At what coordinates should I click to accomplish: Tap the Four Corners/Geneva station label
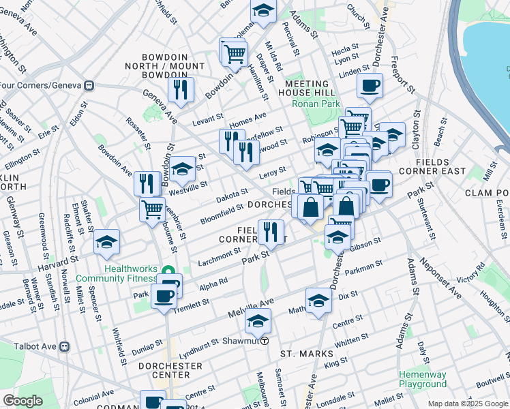click(x=41, y=86)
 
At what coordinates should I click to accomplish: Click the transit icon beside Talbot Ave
click(x=65, y=346)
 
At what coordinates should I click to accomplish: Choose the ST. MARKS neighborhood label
click(x=307, y=354)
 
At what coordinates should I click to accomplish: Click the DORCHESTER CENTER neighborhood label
click(x=170, y=370)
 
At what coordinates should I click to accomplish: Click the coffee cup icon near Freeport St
click(x=370, y=85)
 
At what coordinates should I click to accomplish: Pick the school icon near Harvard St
click(x=106, y=242)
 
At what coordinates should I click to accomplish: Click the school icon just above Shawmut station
click(x=258, y=320)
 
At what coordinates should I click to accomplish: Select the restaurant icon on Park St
click(x=271, y=232)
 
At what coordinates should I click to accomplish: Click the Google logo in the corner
click(x=23, y=401)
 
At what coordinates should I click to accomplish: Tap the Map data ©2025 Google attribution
click(x=467, y=404)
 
